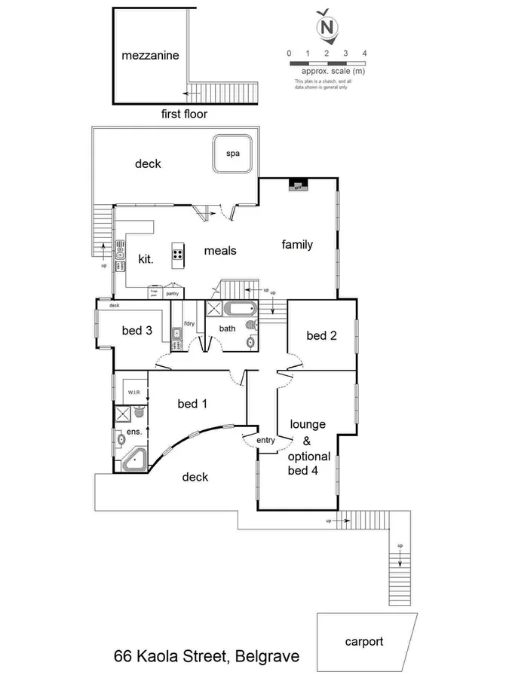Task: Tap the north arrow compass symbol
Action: click(327, 27)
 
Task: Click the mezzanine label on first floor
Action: click(151, 56)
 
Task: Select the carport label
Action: click(364, 642)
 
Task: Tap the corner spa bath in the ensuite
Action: click(134, 460)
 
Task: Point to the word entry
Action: click(266, 441)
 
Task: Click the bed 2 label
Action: click(321, 335)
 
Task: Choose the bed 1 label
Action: click(192, 404)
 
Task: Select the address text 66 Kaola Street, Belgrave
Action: click(206, 657)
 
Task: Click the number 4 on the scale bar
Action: click(364, 53)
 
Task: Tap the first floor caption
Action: click(184, 115)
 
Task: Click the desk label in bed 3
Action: click(115, 305)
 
